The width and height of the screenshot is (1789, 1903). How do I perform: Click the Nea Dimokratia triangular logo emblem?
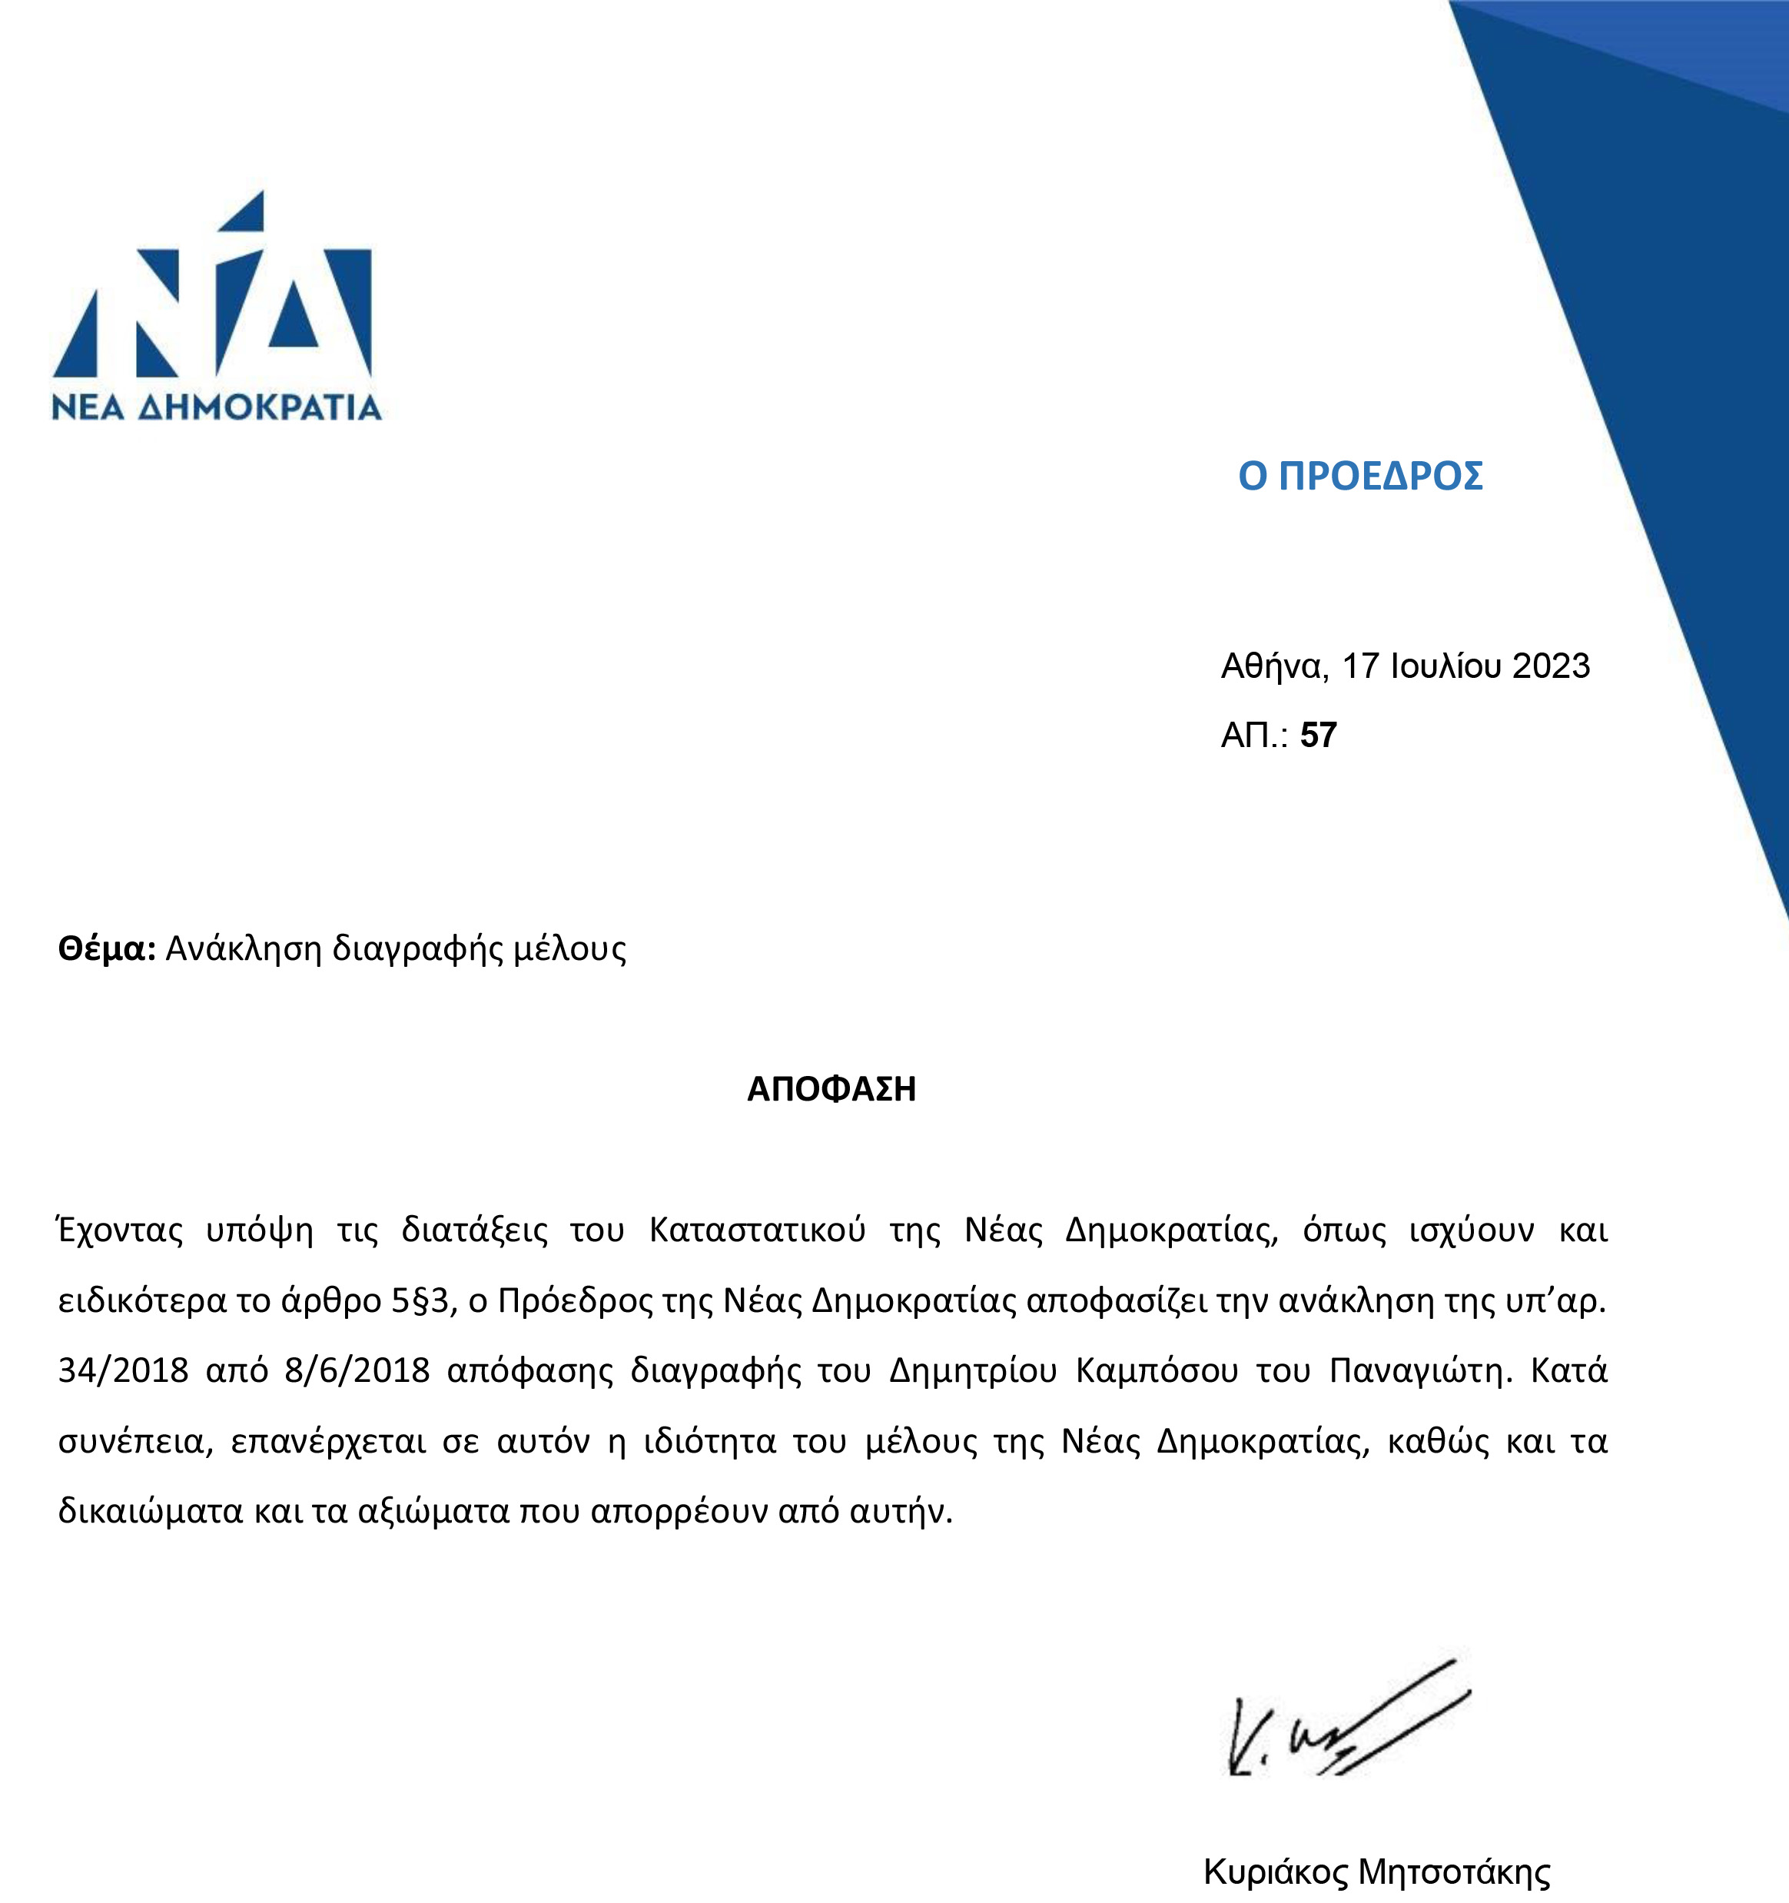pos(213,287)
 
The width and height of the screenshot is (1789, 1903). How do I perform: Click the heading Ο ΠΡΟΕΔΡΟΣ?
pos(1360,476)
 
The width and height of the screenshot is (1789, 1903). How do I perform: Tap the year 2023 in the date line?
pos(1551,666)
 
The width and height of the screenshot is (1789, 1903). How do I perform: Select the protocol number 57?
pos(1318,736)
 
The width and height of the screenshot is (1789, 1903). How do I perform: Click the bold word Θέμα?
pos(106,948)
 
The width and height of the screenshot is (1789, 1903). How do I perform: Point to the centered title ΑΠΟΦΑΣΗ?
pos(831,1089)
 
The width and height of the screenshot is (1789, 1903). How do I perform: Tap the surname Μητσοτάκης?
pos(1454,1871)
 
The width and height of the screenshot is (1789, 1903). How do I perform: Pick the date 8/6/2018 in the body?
pos(357,1371)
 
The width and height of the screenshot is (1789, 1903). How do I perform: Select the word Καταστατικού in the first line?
pos(757,1230)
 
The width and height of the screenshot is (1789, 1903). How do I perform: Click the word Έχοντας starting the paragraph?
pos(120,1230)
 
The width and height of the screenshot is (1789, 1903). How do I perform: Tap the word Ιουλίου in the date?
pos(1445,666)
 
